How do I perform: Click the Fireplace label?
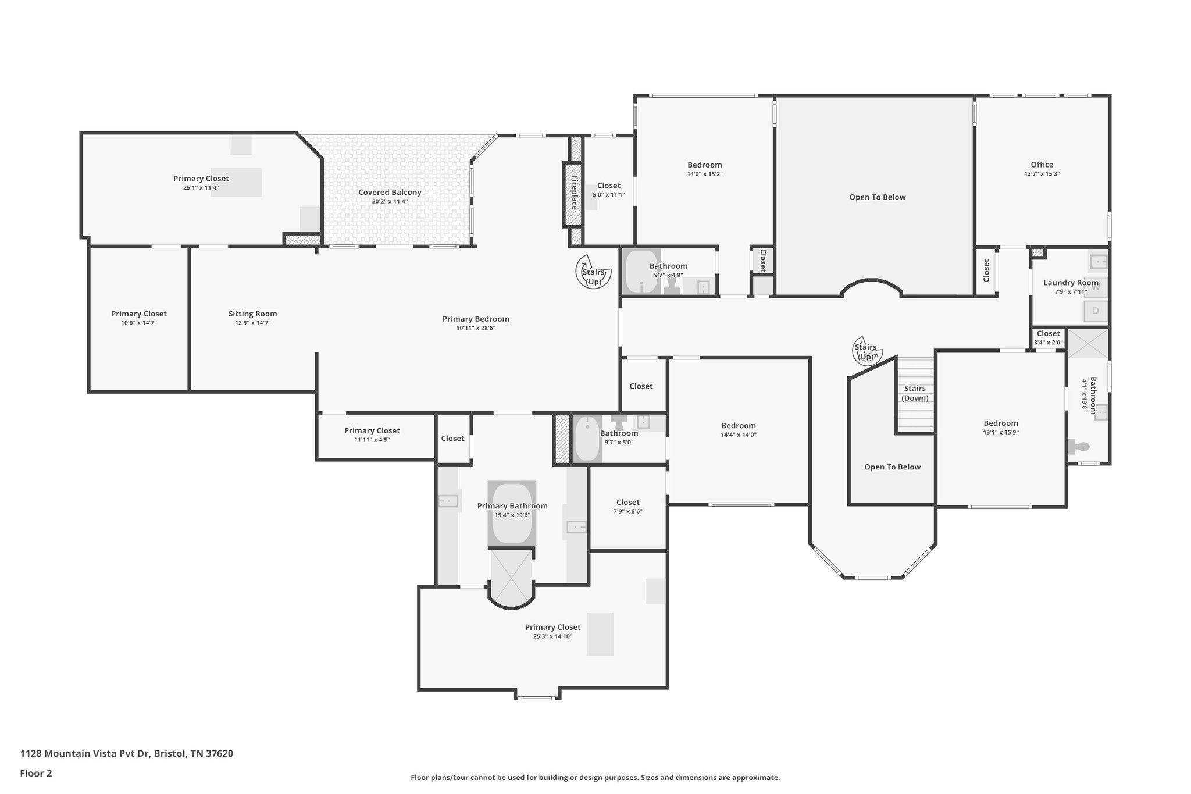click(573, 193)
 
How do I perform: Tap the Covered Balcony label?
click(390, 193)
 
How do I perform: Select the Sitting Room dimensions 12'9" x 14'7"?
click(252, 323)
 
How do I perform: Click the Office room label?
click(1042, 165)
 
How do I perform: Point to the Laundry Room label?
click(1070, 283)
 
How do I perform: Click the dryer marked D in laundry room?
click(1095, 311)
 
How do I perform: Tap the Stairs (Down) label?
click(915, 393)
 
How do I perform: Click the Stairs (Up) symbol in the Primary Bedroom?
click(593, 272)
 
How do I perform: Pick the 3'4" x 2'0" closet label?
click(1048, 334)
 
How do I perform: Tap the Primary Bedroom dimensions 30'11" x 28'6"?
click(476, 328)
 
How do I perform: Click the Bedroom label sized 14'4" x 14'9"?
click(739, 425)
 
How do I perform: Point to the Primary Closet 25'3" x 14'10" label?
click(552, 627)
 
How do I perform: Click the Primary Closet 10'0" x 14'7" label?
click(138, 314)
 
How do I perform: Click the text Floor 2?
click(36, 773)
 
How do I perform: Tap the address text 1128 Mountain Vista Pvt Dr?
click(85, 753)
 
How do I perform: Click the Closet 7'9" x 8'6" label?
click(627, 502)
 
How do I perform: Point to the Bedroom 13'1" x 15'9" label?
click(1000, 423)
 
